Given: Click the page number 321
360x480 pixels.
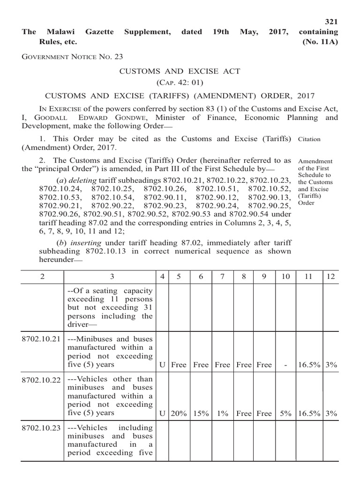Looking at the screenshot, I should coord(331,22).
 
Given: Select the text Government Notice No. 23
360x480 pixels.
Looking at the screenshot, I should coord(72,57).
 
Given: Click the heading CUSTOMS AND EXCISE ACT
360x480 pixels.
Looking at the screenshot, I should coord(180,71).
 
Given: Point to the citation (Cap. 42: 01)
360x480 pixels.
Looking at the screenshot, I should coord(180,83).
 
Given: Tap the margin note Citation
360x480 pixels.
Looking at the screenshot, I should coord(309,139).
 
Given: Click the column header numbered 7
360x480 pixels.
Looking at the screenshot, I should coord(222,277).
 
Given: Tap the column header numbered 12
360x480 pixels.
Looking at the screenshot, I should coord(331,277).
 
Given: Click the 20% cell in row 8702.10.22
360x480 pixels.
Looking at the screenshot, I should coord(179,413).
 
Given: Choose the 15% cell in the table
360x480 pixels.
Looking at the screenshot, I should coord(200,413).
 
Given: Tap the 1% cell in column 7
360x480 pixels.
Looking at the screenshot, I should coord(222,413).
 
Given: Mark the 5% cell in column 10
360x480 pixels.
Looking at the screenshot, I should coord(285,413).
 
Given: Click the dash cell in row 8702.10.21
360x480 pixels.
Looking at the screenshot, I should coord(285,364).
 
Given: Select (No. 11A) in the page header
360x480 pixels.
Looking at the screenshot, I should coord(320,41).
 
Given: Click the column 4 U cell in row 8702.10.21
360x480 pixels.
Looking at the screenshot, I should coord(162,364).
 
